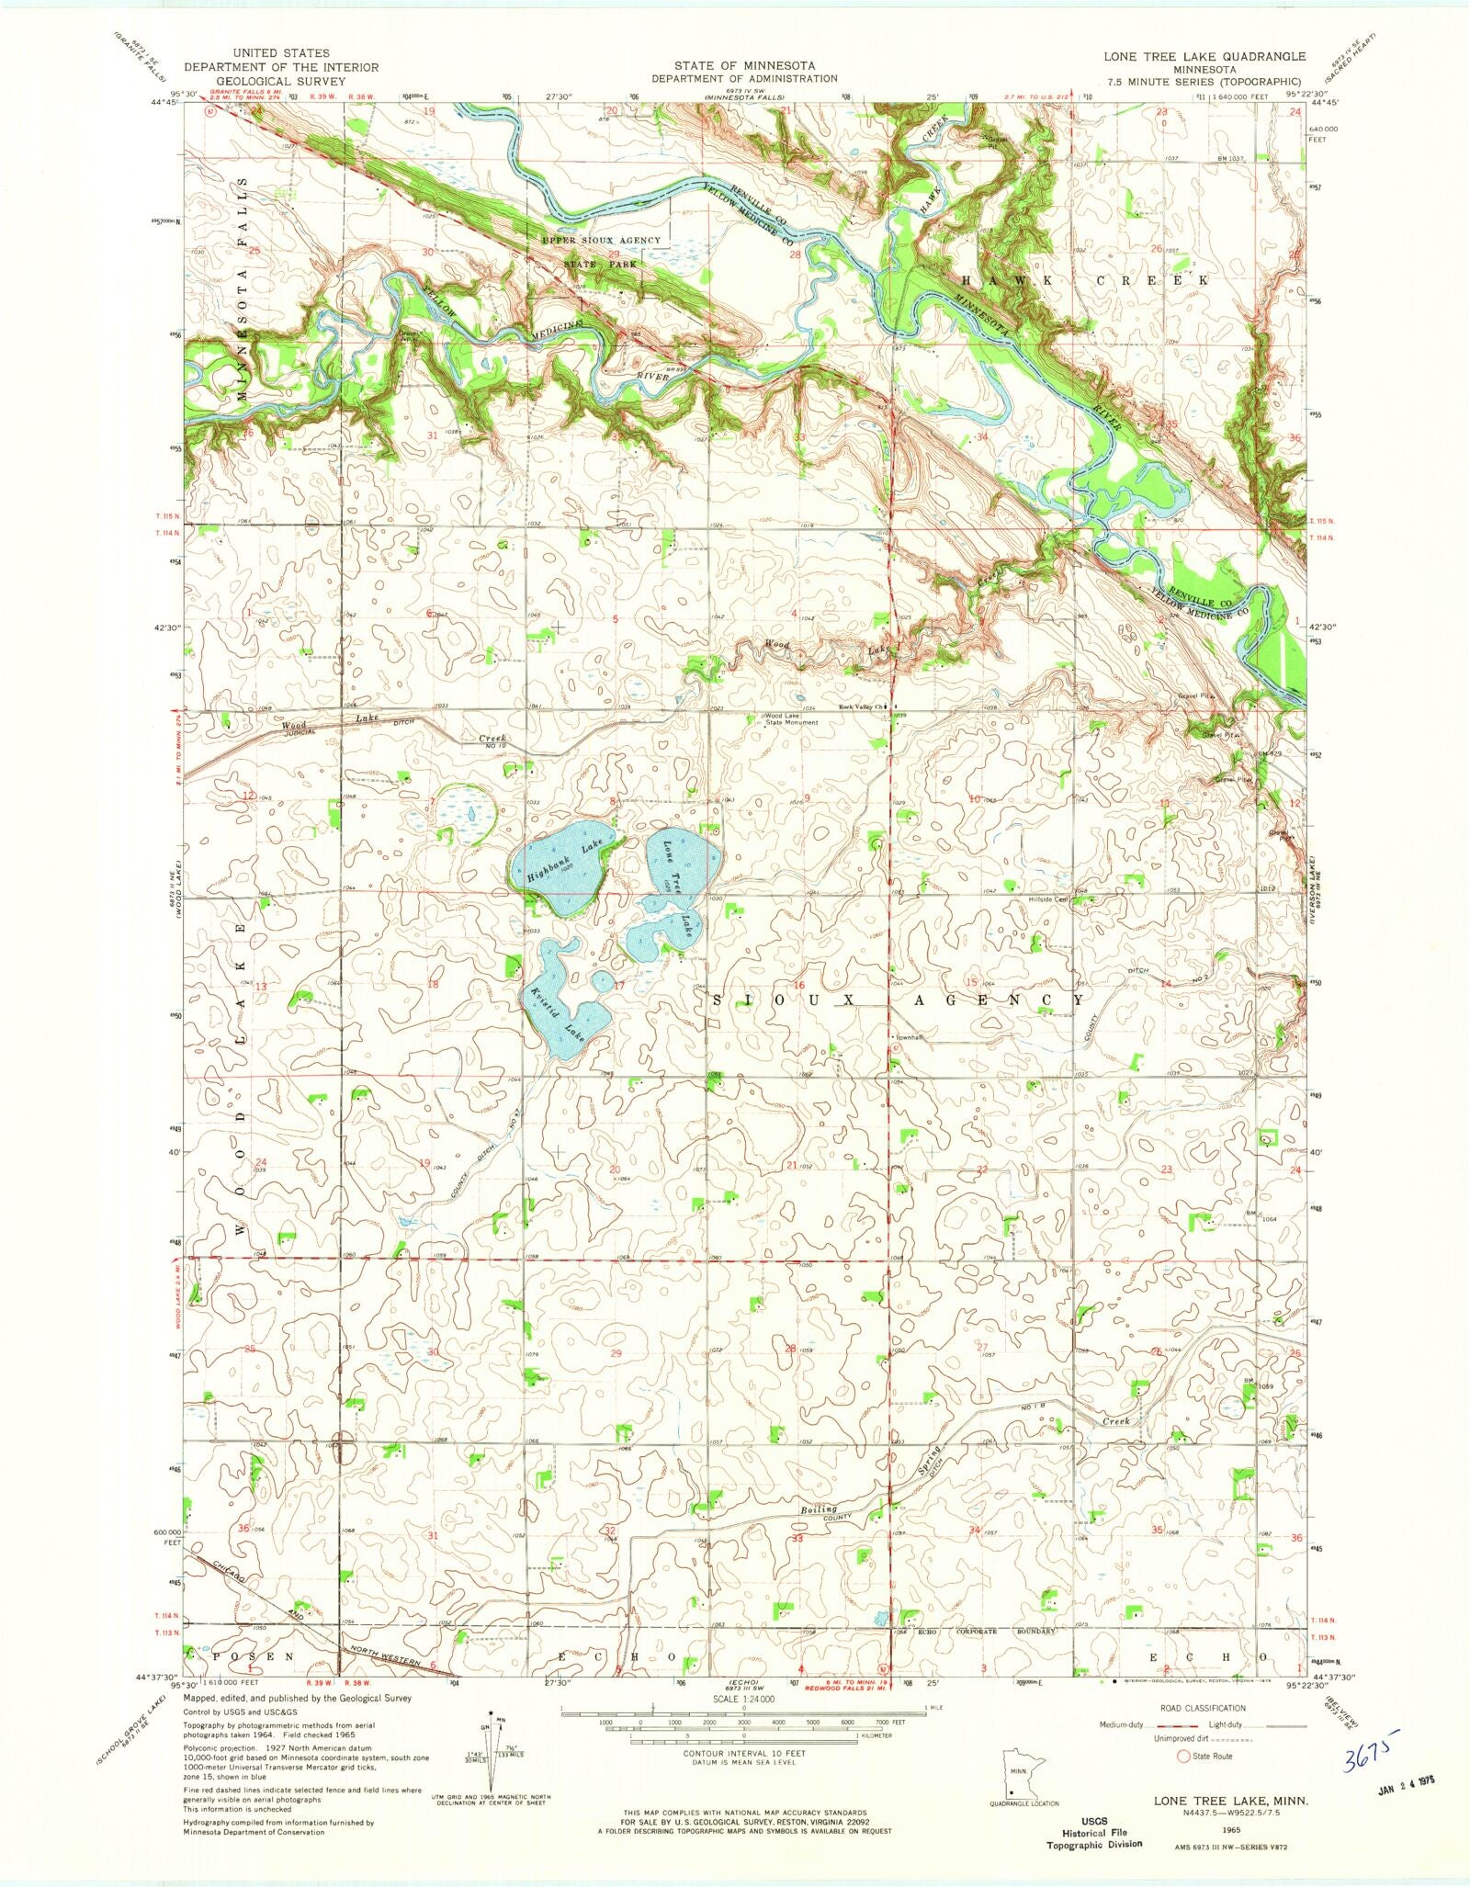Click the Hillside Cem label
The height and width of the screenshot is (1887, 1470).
[x=1048, y=899]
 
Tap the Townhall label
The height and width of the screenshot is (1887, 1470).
[x=910, y=1037]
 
